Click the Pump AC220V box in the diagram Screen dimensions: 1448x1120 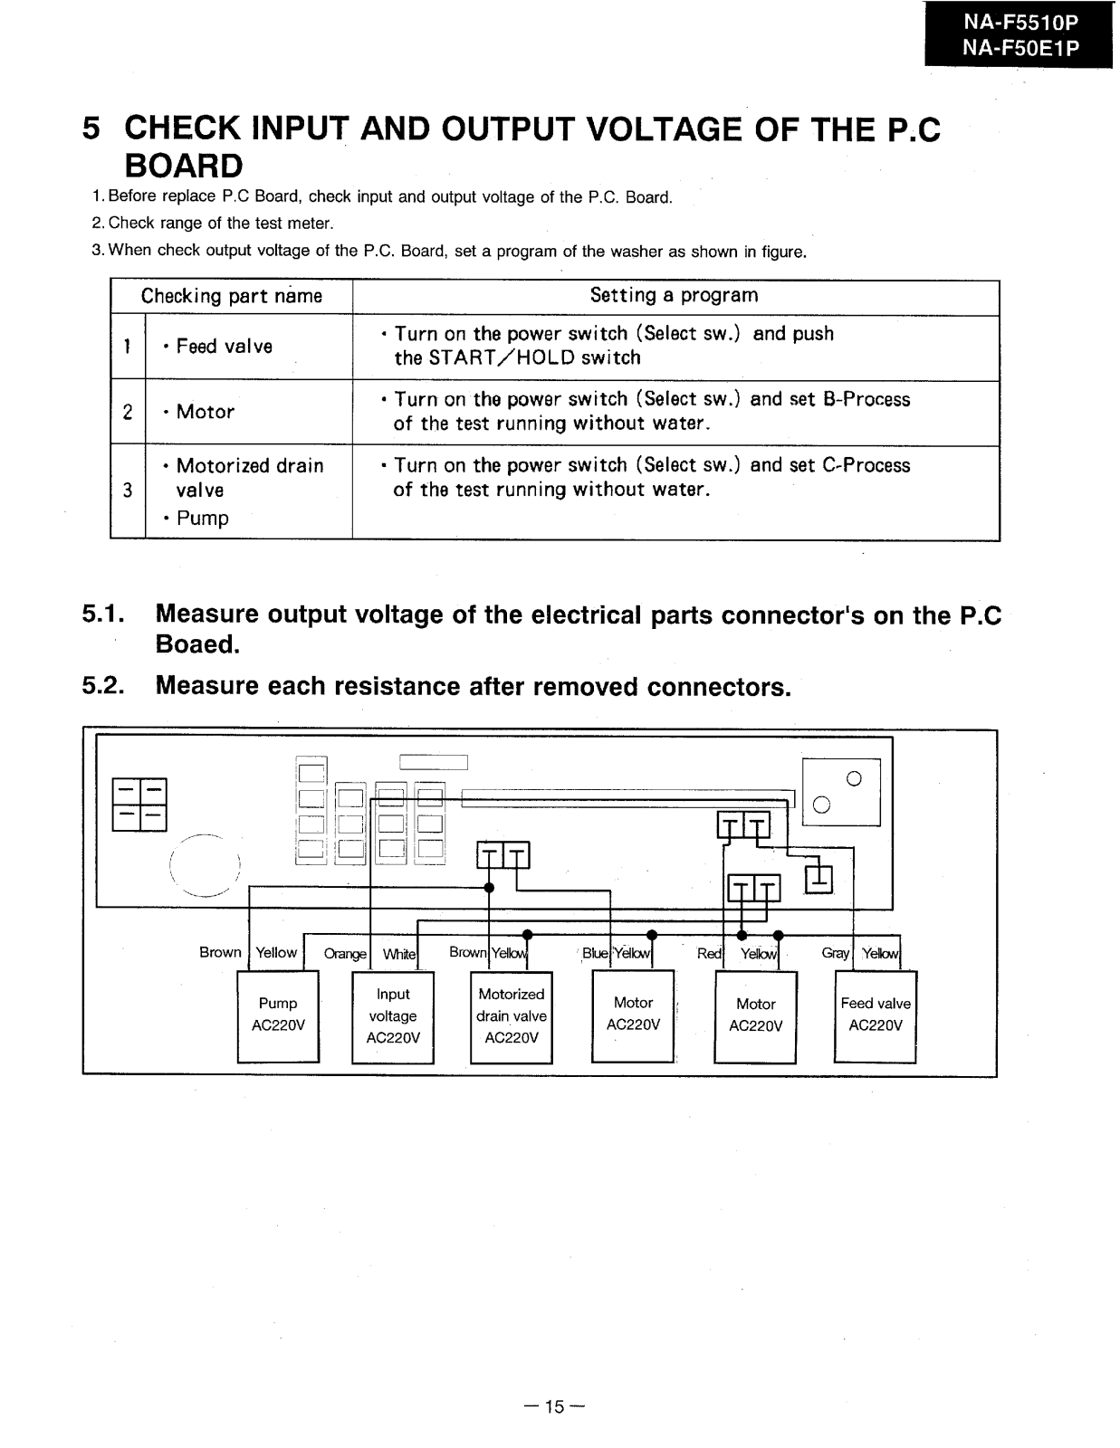point(278,1015)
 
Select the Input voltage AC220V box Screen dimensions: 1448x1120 point(393,1016)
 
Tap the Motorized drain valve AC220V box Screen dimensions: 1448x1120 point(512,1015)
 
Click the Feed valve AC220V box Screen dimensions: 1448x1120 point(876,1015)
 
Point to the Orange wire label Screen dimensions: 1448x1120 point(345,954)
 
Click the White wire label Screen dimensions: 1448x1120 point(398,954)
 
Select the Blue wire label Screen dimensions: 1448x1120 point(595,953)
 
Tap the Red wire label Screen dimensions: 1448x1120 point(709,953)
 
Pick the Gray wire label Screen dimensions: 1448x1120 point(835,953)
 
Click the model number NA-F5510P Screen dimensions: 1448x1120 point(1020,22)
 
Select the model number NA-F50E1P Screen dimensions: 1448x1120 point(1020,48)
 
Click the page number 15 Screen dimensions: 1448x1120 point(555,1406)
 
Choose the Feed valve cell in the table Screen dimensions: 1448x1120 point(224,347)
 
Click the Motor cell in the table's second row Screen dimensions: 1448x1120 point(206,413)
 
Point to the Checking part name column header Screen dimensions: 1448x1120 point(231,297)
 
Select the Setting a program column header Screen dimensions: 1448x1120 point(674,296)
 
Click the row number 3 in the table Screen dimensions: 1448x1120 point(128,491)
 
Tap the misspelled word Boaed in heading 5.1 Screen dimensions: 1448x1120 point(197,644)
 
